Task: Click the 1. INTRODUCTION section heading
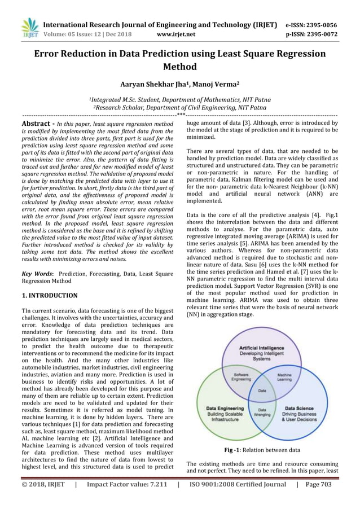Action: pyautogui.click(x=50, y=295)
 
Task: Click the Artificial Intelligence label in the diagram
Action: pyautogui.click(x=262, y=348)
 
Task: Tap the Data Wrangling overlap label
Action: pyautogui.click(x=262, y=413)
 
